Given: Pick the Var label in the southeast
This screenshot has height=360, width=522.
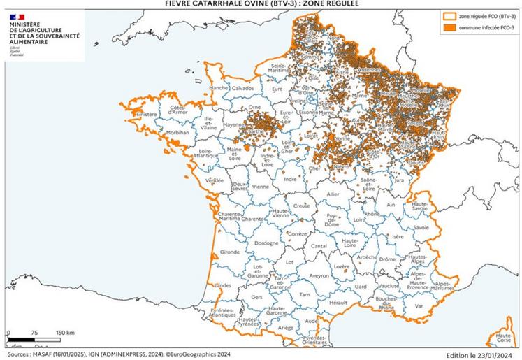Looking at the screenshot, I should (419, 305).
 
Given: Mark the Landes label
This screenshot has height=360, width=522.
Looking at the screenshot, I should (224, 285).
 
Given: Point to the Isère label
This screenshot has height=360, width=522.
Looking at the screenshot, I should (399, 237).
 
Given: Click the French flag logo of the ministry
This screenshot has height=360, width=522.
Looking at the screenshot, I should (17, 15).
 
